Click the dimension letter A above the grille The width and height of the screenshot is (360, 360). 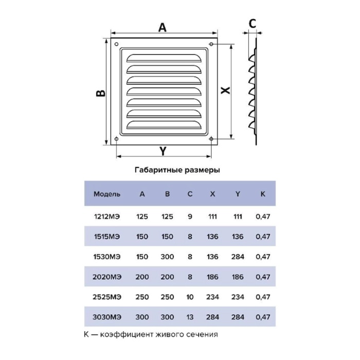pyautogui.click(x=163, y=27)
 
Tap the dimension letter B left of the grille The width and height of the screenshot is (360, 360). pyautogui.click(x=101, y=93)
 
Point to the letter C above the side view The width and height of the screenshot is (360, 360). pyautogui.click(x=253, y=24)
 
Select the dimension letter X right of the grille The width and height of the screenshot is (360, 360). pyautogui.click(x=225, y=90)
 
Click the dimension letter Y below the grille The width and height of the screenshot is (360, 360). pyautogui.click(x=163, y=151)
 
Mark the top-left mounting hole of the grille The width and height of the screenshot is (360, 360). pyautogui.click(x=116, y=44)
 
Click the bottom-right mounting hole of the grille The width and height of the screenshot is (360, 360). pyautogui.click(x=211, y=139)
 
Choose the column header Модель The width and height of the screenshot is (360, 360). pyautogui.click(x=107, y=194)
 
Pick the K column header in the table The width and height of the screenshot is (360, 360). pyautogui.click(x=263, y=194)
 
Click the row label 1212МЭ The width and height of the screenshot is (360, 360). pyautogui.click(x=107, y=217)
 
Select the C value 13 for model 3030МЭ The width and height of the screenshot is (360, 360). pyautogui.click(x=190, y=317)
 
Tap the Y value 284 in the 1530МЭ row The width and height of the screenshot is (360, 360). pyautogui.click(x=238, y=257)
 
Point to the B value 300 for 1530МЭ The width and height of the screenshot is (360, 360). pyautogui.click(x=167, y=257)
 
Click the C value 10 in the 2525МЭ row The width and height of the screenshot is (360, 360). pyautogui.click(x=190, y=297)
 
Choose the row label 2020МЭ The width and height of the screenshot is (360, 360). pyautogui.click(x=107, y=277)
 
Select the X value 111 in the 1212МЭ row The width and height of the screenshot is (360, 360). pyautogui.click(x=212, y=217)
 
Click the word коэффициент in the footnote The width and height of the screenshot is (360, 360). pyautogui.click(x=127, y=334)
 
